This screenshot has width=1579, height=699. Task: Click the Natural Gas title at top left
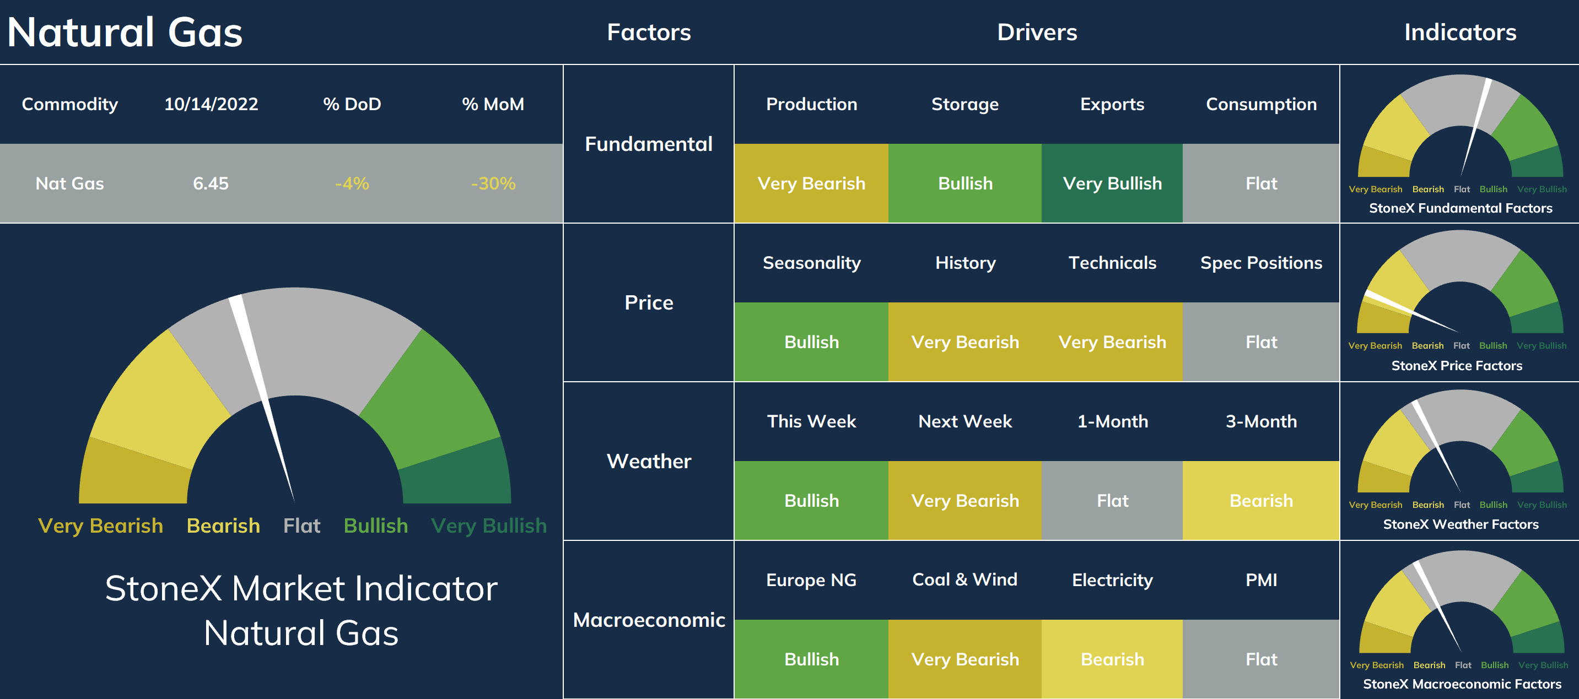coord(125,32)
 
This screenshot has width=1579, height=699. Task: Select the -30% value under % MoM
coord(493,183)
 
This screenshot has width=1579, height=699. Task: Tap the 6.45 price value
coord(211,183)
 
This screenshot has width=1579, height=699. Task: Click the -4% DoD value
coord(352,183)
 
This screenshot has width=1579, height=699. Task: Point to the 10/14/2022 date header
coord(211,104)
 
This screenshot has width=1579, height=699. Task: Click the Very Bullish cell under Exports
coord(1112,183)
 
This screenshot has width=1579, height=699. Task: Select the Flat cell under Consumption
coord(1261,183)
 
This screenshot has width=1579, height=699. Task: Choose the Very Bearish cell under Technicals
coord(1112,342)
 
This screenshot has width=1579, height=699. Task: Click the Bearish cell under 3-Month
coord(1261,501)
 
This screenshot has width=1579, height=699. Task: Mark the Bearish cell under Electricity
coord(1112,659)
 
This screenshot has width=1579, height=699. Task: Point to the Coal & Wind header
coord(965,579)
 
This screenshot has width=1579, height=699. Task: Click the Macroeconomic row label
coord(649,620)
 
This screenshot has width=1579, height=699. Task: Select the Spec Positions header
coord(1261,263)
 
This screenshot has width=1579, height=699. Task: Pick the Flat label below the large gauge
coord(301,525)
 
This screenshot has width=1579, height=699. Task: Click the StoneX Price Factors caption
coord(1457,366)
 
